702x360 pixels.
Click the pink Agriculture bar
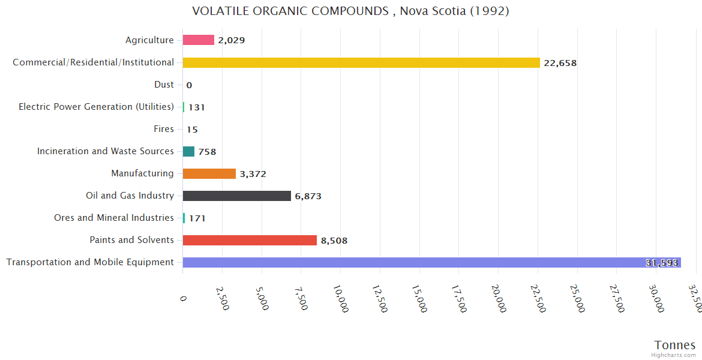(x=198, y=40)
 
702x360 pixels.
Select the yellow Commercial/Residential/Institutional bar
(x=361, y=62)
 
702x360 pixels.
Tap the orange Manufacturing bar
(x=209, y=174)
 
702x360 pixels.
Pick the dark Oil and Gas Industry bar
(x=236, y=196)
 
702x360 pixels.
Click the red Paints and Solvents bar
(x=250, y=241)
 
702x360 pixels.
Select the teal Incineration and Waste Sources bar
(x=188, y=152)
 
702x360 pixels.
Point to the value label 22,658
(x=560, y=63)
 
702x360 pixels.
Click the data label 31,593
(x=662, y=263)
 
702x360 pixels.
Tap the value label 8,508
(x=334, y=241)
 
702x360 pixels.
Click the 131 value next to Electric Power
(x=197, y=107)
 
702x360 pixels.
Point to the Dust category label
(x=164, y=85)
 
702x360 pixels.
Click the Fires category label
(x=164, y=129)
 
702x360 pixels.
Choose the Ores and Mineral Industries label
(x=114, y=218)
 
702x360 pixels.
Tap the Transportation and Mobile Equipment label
(x=90, y=262)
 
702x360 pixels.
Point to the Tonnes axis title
(x=675, y=345)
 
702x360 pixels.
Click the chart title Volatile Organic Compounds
(x=350, y=11)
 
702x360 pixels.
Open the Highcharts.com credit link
(x=674, y=355)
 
